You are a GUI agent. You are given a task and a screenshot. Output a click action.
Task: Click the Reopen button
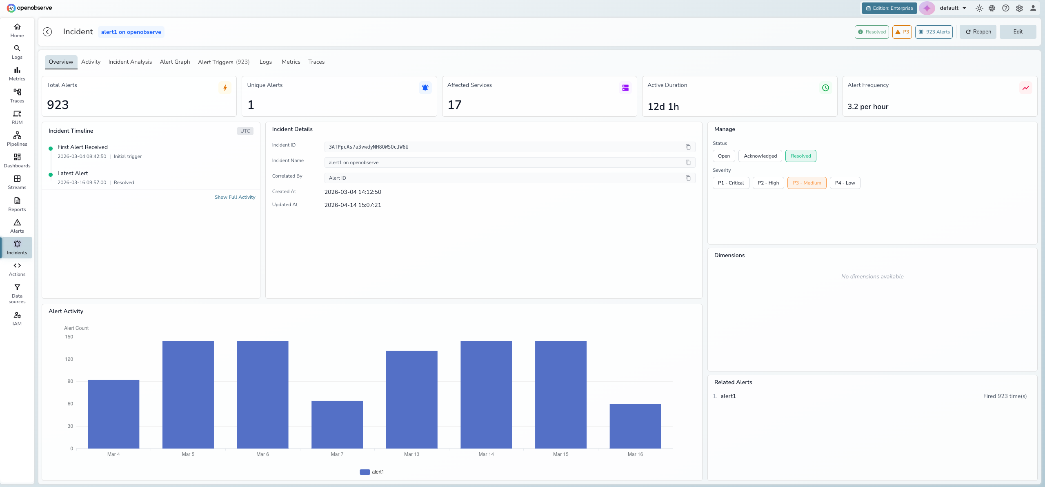pyautogui.click(x=978, y=32)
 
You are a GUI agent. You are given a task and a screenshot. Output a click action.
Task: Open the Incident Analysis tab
pyautogui.click(x=130, y=62)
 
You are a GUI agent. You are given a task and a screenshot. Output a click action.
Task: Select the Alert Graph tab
pyautogui.click(x=175, y=62)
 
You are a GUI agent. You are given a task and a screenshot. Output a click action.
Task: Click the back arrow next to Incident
pyautogui.click(x=47, y=32)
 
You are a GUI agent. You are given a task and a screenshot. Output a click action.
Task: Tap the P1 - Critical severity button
pyautogui.click(x=731, y=183)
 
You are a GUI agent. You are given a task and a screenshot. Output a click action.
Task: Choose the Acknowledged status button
pyautogui.click(x=760, y=156)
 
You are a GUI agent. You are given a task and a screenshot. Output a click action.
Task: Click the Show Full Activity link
pyautogui.click(x=235, y=197)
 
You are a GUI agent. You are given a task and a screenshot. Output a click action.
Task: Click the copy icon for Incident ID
pyautogui.click(x=688, y=147)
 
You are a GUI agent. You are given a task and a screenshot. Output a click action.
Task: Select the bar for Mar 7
pyautogui.click(x=337, y=425)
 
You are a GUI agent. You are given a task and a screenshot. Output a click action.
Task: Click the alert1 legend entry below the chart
pyautogui.click(x=372, y=472)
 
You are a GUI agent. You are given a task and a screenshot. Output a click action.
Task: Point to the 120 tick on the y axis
pyautogui.click(x=69, y=359)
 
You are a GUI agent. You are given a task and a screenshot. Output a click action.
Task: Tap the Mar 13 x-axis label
pyautogui.click(x=411, y=454)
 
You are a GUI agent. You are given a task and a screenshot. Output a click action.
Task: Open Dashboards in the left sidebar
pyautogui.click(x=17, y=160)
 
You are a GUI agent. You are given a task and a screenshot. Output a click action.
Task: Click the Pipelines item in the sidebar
pyautogui.click(x=17, y=139)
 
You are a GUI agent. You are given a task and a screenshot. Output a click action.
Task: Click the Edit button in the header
pyautogui.click(x=1018, y=32)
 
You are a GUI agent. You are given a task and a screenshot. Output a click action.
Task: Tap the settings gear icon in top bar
pyautogui.click(x=1019, y=8)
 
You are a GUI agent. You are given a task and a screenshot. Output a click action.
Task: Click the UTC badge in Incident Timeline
pyautogui.click(x=245, y=131)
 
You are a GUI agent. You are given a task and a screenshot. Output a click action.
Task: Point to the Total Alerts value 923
pyautogui.click(x=58, y=105)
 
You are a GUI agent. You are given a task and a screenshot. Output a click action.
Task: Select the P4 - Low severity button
pyautogui.click(x=845, y=183)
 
